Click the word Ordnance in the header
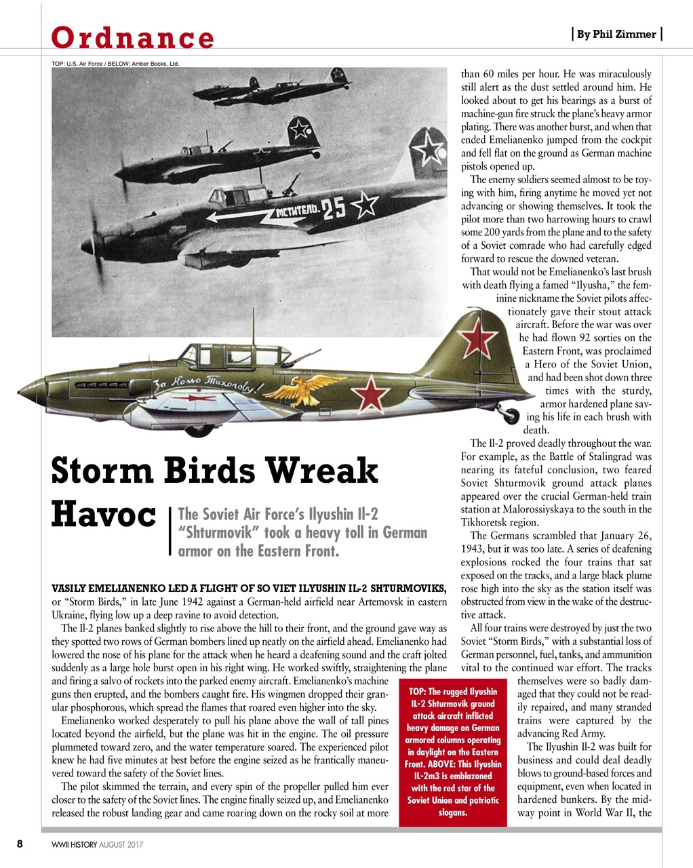click(x=133, y=37)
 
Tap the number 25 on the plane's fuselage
click(x=334, y=209)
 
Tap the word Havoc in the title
click(x=104, y=515)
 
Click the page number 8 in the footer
click(x=20, y=844)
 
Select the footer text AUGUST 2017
click(x=121, y=845)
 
